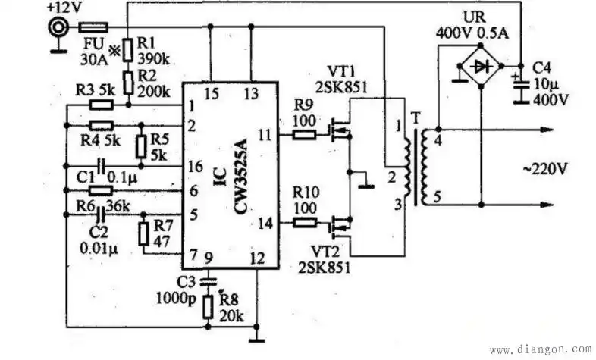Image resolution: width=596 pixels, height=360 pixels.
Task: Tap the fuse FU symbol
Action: [92, 27]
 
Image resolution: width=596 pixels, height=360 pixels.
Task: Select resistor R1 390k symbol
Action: [127, 50]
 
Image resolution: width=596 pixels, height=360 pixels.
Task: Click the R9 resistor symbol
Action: [305, 136]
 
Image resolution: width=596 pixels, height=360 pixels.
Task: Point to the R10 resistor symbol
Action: [305, 223]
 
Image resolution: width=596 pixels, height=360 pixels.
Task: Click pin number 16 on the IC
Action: [196, 165]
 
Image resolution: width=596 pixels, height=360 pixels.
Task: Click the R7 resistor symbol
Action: [143, 233]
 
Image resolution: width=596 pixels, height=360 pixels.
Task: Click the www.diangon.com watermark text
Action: [540, 350]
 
